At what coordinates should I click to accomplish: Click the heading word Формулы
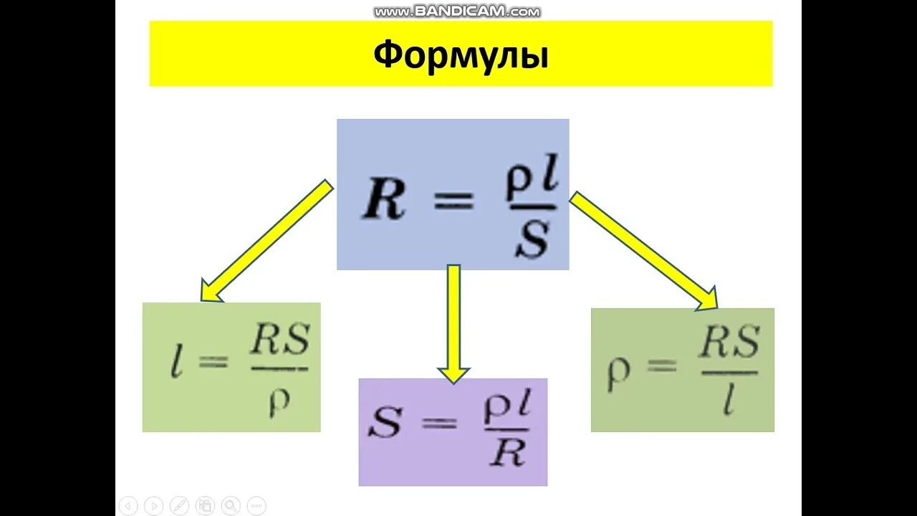click(x=461, y=54)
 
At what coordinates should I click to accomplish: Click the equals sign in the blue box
click(x=453, y=201)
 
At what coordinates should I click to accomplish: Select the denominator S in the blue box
click(x=532, y=241)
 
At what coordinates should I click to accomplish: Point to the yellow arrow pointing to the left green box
click(x=267, y=240)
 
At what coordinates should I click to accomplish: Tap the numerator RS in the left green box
click(x=279, y=343)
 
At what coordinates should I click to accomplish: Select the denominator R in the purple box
click(x=509, y=454)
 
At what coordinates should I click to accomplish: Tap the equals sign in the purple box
click(x=438, y=423)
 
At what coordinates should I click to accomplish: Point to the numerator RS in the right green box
click(x=729, y=345)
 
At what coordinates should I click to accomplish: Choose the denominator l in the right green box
click(x=729, y=403)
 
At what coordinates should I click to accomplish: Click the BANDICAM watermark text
click(x=457, y=11)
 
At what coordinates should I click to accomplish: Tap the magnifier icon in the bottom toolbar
click(x=231, y=505)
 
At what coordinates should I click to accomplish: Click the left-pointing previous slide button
click(x=128, y=505)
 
